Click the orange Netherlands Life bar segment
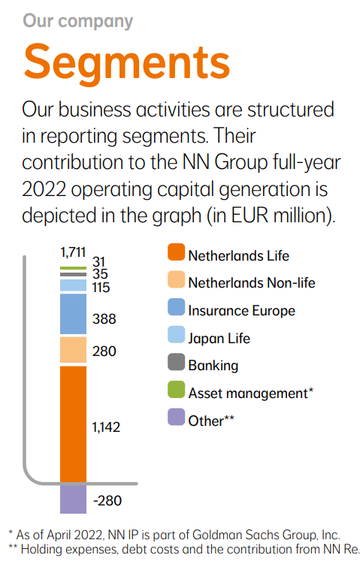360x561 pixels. pyautogui.click(x=73, y=423)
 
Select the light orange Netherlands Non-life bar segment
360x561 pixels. pyautogui.click(x=73, y=351)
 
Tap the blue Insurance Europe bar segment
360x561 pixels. pyautogui.click(x=73, y=314)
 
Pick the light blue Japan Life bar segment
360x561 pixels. pyautogui.click(x=73, y=285)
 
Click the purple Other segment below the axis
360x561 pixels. pyautogui.click(x=73, y=499)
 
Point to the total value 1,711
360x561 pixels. pyautogui.click(x=73, y=253)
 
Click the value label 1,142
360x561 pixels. pyautogui.click(x=106, y=427)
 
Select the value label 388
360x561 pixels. pyautogui.click(x=104, y=318)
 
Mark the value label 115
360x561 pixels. pyautogui.click(x=101, y=287)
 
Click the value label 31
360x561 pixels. pyautogui.click(x=99, y=261)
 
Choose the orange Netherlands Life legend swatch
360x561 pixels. pyautogui.click(x=175, y=255)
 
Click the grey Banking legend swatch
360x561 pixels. pyautogui.click(x=175, y=366)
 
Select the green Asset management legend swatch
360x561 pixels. pyautogui.click(x=175, y=393)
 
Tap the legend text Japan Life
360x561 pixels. pyautogui.click(x=219, y=338)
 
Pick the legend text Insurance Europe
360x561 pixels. pyautogui.click(x=241, y=310)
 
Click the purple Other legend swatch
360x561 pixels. pyautogui.click(x=175, y=421)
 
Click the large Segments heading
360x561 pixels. pyautogui.click(x=126, y=61)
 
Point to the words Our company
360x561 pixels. pyautogui.click(x=77, y=20)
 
